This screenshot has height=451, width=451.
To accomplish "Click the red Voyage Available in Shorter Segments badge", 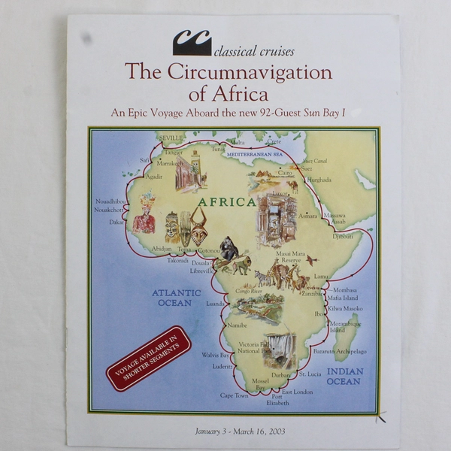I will point(149,358).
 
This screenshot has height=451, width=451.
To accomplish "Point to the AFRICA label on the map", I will point(227,202).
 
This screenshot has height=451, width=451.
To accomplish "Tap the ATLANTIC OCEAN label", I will point(177,298).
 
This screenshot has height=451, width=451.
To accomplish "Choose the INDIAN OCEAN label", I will point(345,377).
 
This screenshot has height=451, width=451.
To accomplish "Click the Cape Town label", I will point(234,395).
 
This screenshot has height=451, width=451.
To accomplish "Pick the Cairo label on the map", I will point(285,172).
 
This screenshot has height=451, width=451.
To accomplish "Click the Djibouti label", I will point(343,236).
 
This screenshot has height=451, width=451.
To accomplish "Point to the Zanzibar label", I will point(312,294).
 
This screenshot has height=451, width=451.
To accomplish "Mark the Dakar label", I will point(116,222).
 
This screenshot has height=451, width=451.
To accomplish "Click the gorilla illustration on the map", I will point(229,249).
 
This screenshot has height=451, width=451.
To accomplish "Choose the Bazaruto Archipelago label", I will point(340,351).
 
